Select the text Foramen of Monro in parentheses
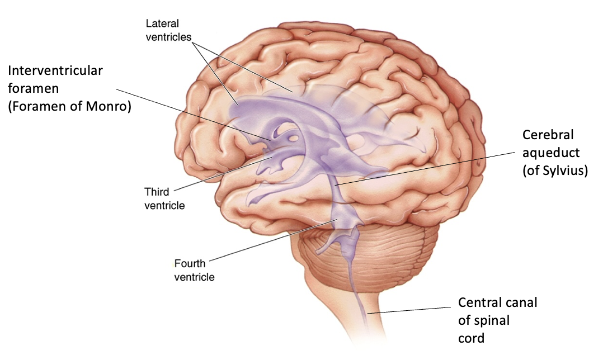(x=69, y=106)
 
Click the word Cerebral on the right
(x=548, y=135)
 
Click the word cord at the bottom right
(x=471, y=338)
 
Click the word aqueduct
(x=551, y=153)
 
